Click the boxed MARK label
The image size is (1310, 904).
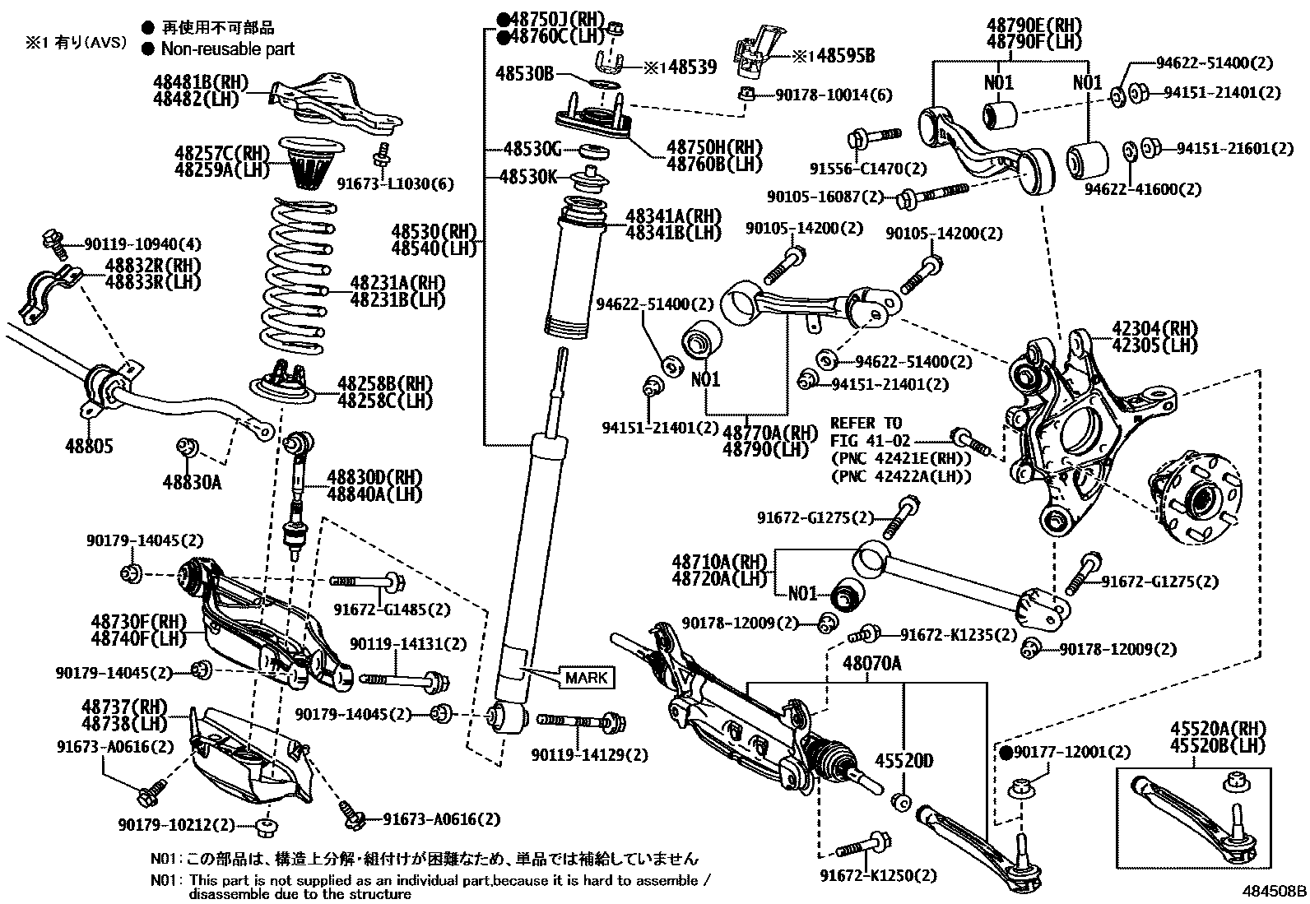[587, 677]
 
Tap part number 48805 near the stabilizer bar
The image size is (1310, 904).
[89, 447]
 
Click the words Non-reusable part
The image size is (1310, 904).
[227, 49]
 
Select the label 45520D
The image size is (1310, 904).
[903, 760]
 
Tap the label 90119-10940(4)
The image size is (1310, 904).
[131, 244]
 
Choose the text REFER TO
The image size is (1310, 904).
[866, 423]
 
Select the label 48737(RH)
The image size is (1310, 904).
[124, 707]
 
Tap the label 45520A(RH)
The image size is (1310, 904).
[1217, 728]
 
